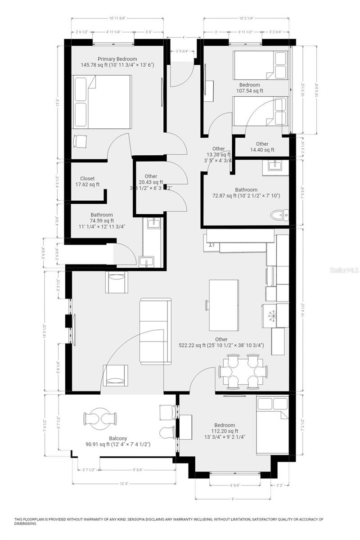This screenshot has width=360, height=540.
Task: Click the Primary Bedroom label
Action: [117, 59]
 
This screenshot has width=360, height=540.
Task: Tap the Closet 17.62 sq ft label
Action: [87, 179]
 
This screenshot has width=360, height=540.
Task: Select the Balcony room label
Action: [117, 438]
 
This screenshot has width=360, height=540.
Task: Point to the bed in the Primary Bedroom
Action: [103, 102]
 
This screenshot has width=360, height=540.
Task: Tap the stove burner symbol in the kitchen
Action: [272, 316]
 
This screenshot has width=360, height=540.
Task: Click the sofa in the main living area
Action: [155, 331]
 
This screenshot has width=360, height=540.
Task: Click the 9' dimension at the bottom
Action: [233, 499]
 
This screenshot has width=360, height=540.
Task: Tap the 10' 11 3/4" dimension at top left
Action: [117, 18]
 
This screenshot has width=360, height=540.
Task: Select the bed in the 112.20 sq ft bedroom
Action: [272, 426]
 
